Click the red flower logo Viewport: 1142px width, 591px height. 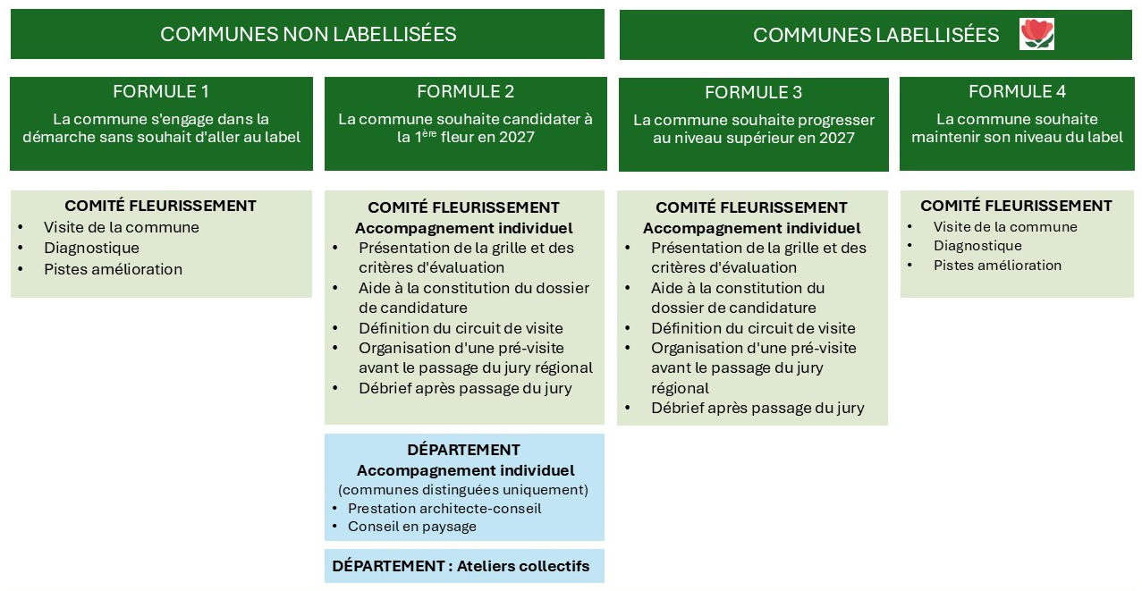[1036, 34]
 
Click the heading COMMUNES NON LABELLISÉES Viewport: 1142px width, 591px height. [308, 34]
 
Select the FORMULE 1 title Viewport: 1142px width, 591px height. [161, 91]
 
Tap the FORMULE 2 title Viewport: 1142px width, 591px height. [465, 91]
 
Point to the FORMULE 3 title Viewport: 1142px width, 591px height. [754, 92]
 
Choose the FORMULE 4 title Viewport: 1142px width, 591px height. [1017, 91]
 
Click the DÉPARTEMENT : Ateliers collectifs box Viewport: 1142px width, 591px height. [464, 566]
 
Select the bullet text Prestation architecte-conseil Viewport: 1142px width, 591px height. [444, 509]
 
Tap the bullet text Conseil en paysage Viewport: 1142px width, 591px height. [412, 527]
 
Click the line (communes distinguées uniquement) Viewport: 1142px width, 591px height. [463, 490]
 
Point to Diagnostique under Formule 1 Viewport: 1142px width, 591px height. [91, 248]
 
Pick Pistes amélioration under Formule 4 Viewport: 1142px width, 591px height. [997, 266]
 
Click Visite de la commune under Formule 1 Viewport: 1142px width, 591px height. [122, 227]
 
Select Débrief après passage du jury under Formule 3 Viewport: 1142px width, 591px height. [757, 408]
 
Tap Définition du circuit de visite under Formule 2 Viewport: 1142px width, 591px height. [461, 328]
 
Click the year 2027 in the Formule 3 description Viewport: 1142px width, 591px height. [837, 138]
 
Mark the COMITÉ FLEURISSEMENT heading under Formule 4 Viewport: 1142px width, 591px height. [1016, 206]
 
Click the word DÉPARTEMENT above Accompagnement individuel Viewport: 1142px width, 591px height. [463, 450]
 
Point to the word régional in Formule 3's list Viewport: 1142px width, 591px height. [680, 389]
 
